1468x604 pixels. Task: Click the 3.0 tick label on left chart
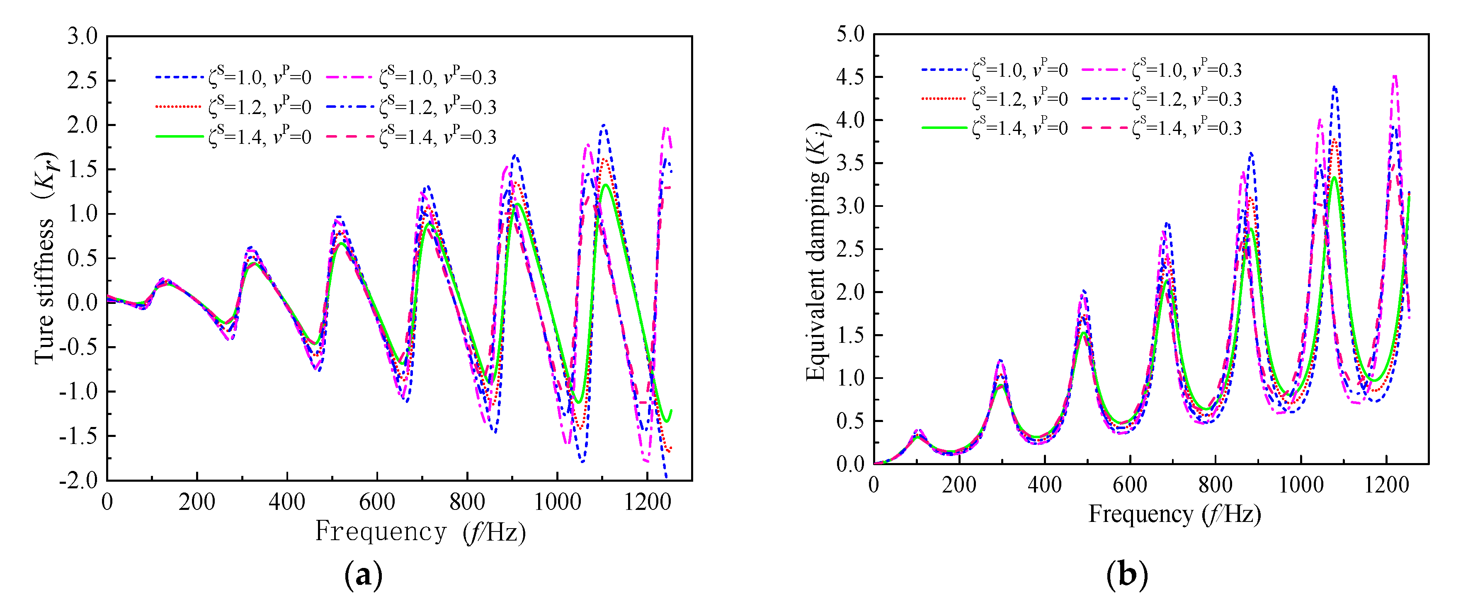coord(82,36)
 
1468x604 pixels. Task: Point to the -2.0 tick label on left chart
coord(79,480)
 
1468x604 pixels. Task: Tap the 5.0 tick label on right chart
coord(850,34)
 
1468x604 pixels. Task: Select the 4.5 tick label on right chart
coord(850,77)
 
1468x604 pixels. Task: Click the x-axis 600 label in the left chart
coord(377,502)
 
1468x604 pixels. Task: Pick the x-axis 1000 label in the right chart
coord(1301,485)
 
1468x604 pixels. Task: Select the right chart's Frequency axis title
coord(1174,514)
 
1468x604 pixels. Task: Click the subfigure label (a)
coord(363,575)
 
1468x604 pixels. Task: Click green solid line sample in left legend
coord(179,137)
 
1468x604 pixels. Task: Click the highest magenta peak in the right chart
coord(1395,76)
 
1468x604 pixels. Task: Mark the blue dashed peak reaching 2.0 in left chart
coord(604,125)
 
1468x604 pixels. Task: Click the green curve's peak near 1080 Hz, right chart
coord(1334,178)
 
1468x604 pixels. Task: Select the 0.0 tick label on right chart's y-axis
coord(850,464)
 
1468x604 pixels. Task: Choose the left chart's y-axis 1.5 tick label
coord(82,169)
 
